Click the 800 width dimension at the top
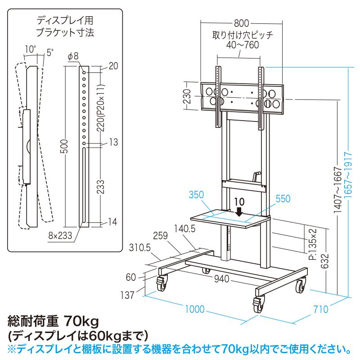pyautogui.click(x=242, y=23)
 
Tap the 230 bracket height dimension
pyautogui.click(x=188, y=96)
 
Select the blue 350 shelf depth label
pyautogui.click(x=196, y=195)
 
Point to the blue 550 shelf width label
pyautogui.click(x=283, y=198)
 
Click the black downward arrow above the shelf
pyautogui.click(x=239, y=211)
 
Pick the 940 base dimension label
pyautogui.click(x=222, y=279)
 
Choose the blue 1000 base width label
pyautogui.click(x=195, y=309)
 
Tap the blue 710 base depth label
pyautogui.click(x=321, y=309)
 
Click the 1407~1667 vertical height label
pyautogui.click(x=338, y=189)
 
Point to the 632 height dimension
pyautogui.click(x=324, y=261)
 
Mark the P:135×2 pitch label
pyautogui.click(x=313, y=244)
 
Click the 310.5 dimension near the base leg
pyautogui.click(x=140, y=247)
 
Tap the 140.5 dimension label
pyautogui.click(x=184, y=229)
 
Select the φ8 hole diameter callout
pyautogui.click(x=73, y=56)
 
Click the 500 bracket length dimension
pyautogui.click(x=65, y=146)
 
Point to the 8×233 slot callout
pyautogui.click(x=60, y=235)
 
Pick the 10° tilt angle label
pyautogui.click(x=30, y=49)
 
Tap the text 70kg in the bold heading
pyautogui.click(x=81, y=321)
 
